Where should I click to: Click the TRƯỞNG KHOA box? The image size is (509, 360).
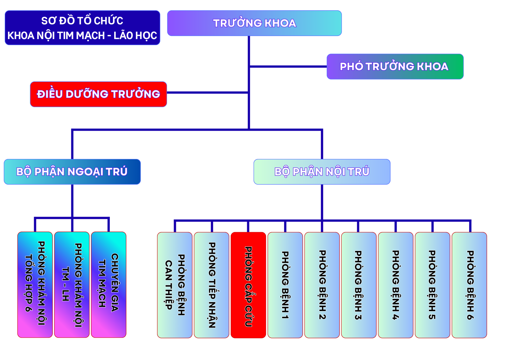(x=254, y=23)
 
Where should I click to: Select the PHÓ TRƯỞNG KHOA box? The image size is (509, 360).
(x=395, y=66)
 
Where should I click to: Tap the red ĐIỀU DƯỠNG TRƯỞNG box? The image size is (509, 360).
(x=98, y=94)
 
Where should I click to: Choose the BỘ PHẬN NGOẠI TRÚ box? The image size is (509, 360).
(x=72, y=172)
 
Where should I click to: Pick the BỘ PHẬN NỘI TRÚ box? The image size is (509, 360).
(x=322, y=172)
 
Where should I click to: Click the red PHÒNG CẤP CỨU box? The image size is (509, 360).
(x=248, y=285)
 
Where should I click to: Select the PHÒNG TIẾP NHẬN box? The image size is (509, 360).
(x=212, y=285)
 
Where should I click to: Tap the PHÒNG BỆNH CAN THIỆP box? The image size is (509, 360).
(x=175, y=285)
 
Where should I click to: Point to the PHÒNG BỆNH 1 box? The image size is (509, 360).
(x=285, y=285)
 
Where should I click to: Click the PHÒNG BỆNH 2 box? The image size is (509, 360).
(x=322, y=285)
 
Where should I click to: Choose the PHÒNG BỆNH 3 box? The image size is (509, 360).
(x=359, y=285)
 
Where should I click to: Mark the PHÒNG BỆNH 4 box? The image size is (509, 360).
(x=395, y=285)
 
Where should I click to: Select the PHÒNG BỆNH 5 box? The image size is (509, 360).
(x=432, y=285)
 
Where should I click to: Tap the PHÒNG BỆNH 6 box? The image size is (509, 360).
(x=469, y=285)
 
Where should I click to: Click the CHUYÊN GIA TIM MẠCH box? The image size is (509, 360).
(x=108, y=285)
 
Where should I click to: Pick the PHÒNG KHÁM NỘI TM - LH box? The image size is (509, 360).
(x=72, y=285)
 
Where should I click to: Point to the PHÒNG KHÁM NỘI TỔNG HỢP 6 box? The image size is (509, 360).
(x=35, y=285)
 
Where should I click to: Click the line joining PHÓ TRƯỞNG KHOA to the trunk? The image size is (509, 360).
(x=288, y=66)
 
